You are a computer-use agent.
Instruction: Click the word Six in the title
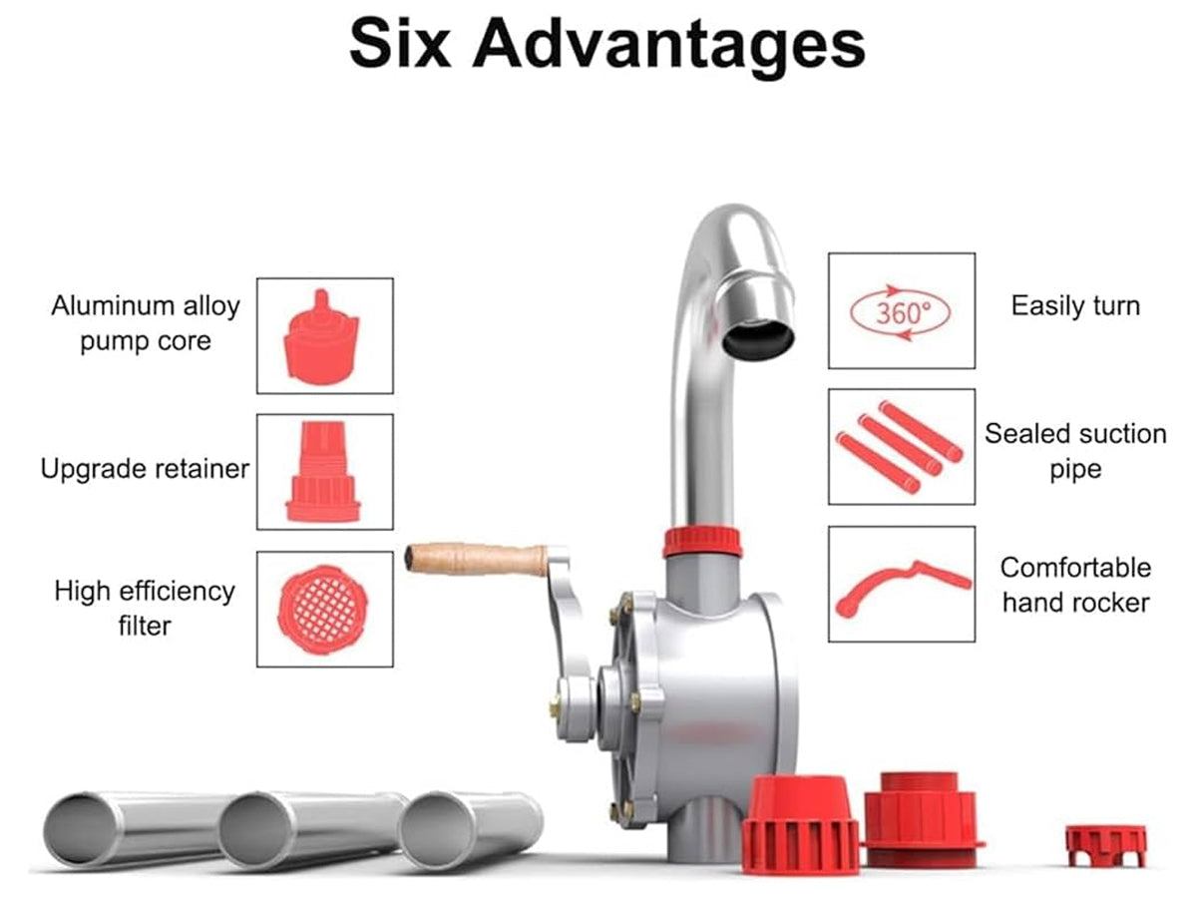400,43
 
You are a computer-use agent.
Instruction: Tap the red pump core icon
321,337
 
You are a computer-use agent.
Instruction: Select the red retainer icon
323,471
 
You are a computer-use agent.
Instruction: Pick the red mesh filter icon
323,610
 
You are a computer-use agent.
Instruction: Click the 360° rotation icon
900,313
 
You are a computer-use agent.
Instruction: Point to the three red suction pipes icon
900,447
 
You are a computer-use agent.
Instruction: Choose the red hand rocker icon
903,589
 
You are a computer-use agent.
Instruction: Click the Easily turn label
1075,306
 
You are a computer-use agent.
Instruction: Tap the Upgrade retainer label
145,469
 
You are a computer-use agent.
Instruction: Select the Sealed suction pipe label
1075,451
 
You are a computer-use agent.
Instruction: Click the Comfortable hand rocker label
1075,586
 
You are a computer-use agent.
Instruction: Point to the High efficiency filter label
145,608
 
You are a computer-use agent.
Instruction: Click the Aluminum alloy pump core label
146,323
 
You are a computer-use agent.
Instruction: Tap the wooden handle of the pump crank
476,559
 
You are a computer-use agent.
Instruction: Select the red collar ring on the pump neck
702,542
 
